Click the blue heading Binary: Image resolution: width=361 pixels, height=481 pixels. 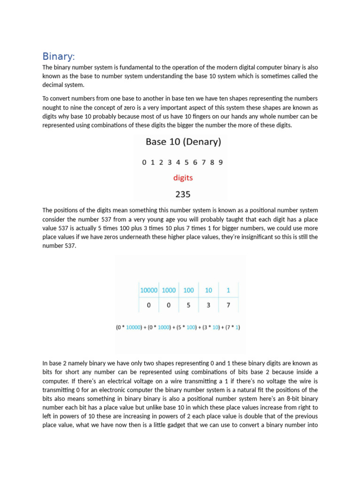click(58, 57)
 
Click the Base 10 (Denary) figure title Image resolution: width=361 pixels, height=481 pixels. click(183, 141)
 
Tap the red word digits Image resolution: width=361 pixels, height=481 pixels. click(183, 178)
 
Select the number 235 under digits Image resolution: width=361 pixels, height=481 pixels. click(183, 194)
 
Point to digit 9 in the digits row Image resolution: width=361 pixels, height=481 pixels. click(220, 163)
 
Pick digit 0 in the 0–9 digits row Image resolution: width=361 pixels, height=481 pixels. click(144, 163)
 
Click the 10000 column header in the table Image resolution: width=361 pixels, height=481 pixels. click(149, 290)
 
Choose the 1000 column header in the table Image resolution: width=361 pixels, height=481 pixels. click(169, 290)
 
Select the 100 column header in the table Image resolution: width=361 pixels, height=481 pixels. click(188, 290)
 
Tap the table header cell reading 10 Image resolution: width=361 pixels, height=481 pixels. click(209, 290)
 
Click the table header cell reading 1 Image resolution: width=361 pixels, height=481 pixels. click(228, 290)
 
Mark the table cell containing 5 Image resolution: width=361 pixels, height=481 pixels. click(188, 305)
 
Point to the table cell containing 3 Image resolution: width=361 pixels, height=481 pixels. click(209, 305)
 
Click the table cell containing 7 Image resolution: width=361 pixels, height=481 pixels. click(228, 305)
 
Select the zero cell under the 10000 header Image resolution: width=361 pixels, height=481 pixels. click(149, 305)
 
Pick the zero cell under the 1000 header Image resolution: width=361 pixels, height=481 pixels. click(169, 305)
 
